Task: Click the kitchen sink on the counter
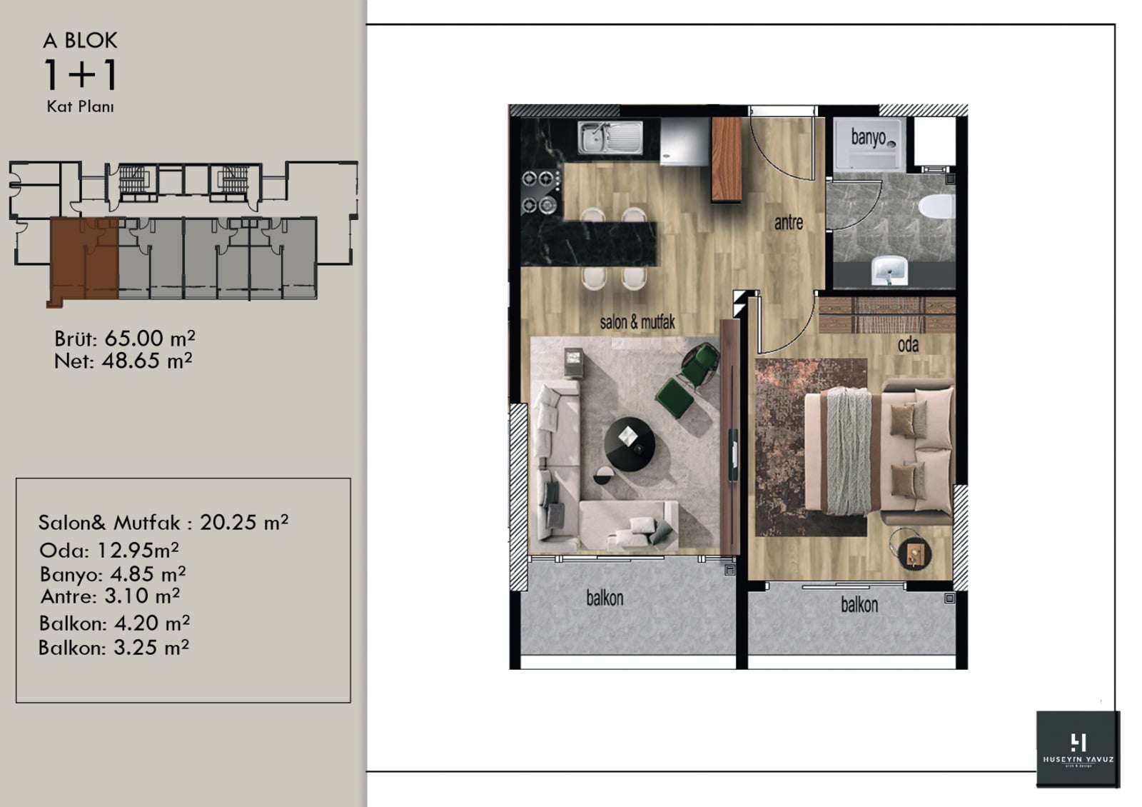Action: click(610, 137)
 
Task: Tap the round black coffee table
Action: click(630, 444)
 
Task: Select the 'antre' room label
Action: click(788, 222)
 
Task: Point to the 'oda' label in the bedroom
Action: click(908, 345)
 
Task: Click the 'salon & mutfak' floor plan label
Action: click(637, 322)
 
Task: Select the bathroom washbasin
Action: click(889, 271)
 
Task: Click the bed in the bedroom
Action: click(879, 452)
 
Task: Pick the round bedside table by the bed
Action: click(914, 553)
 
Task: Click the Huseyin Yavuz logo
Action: click(1078, 749)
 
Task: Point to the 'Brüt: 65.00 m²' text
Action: click(125, 339)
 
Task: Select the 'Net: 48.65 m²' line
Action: click(123, 361)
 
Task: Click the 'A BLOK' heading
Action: click(81, 41)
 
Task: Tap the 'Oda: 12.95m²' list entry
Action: click(109, 550)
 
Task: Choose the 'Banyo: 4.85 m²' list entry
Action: click(113, 574)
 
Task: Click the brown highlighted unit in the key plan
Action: click(84, 259)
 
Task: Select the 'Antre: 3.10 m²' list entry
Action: click(110, 596)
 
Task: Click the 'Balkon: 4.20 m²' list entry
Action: click(115, 623)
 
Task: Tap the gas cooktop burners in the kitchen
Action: click(540, 192)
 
